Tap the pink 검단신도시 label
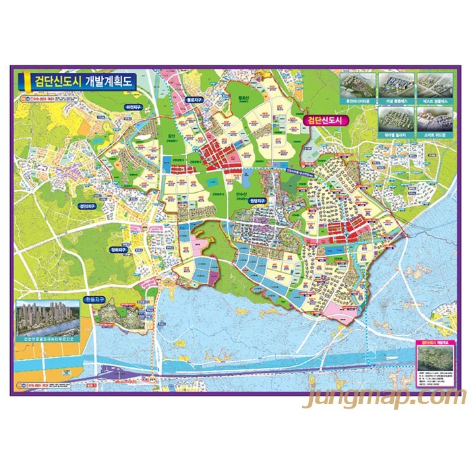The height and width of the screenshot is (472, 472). [324, 121]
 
